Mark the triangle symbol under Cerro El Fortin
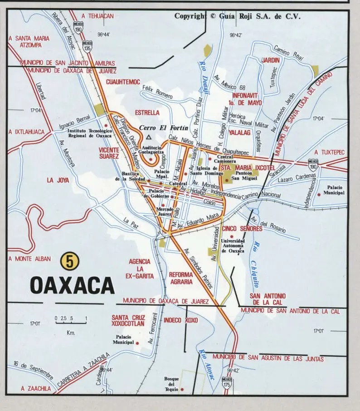coord(148,136)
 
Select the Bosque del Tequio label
coord(172,384)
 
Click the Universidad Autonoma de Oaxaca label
coord(232,245)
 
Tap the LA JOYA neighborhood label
coord(58,180)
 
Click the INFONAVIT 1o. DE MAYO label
coord(247,99)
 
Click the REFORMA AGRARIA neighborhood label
coord(180,278)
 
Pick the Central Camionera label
coord(222,159)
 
